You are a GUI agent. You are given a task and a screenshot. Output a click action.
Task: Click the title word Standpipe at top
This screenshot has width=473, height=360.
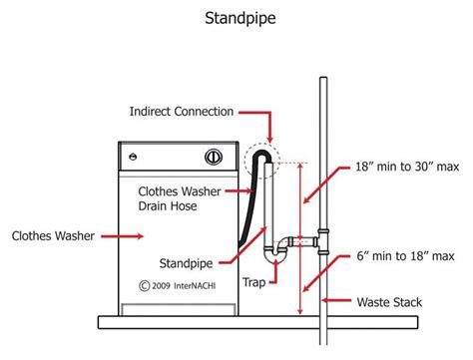point(236,17)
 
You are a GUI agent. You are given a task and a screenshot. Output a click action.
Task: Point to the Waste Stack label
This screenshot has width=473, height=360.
point(392,300)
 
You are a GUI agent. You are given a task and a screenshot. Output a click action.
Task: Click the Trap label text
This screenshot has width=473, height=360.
point(253,282)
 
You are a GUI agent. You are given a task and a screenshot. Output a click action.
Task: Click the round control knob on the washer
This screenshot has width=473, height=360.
point(213,157)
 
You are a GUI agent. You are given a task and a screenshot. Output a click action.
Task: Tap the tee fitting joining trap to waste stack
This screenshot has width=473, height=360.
point(320,240)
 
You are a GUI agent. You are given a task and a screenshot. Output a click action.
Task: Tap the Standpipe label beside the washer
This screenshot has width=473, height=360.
point(189,263)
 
